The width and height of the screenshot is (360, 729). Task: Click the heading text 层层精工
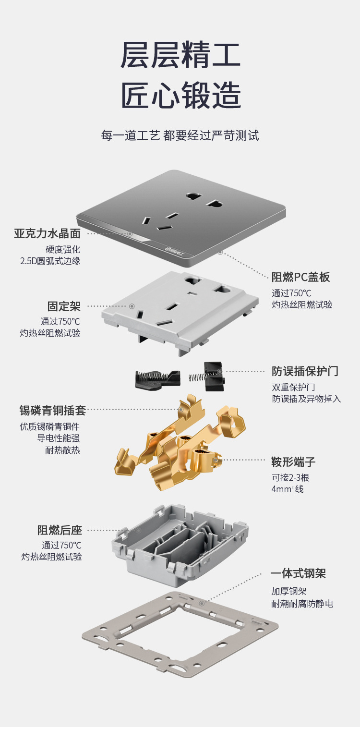(x=180, y=55)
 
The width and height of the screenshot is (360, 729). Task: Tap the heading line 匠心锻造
(x=180, y=95)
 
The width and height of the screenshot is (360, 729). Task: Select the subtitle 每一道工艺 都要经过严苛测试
(x=180, y=135)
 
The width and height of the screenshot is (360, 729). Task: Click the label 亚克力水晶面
(x=47, y=234)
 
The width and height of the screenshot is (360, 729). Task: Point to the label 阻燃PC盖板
(x=300, y=277)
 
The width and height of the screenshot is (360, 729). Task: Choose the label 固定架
(x=64, y=306)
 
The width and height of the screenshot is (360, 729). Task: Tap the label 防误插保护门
(x=305, y=371)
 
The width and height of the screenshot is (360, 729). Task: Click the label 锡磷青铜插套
(x=53, y=410)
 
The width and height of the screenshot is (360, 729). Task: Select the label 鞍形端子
(x=293, y=462)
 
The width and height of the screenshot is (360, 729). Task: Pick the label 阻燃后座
(x=60, y=530)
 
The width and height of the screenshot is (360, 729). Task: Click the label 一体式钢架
(x=298, y=573)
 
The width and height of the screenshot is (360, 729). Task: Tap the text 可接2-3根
(x=290, y=477)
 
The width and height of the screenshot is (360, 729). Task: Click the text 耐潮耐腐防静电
(x=302, y=604)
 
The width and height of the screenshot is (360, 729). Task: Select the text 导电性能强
(x=59, y=438)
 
